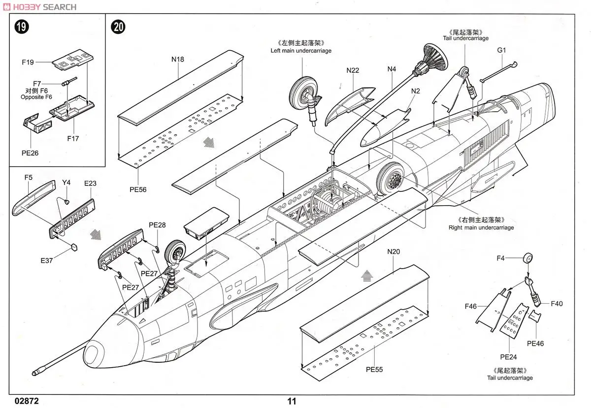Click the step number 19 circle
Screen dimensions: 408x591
pos(21,27)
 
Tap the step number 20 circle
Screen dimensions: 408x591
pos(118,27)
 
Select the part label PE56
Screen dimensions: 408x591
pos(138,189)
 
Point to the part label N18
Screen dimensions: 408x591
pos(178,60)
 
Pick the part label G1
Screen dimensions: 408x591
pos(501,50)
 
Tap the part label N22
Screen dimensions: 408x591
pos(353,70)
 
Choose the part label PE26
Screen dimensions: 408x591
pos(30,153)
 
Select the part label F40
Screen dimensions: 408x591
pos(557,304)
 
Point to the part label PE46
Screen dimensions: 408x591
pos(535,344)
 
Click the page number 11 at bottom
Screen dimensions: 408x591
pos(292,401)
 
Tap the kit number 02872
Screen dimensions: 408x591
pos(27,401)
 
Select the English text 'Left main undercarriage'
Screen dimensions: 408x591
pos(301,51)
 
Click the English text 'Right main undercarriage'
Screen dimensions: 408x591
pos(481,227)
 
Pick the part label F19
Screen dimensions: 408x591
pos(28,63)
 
